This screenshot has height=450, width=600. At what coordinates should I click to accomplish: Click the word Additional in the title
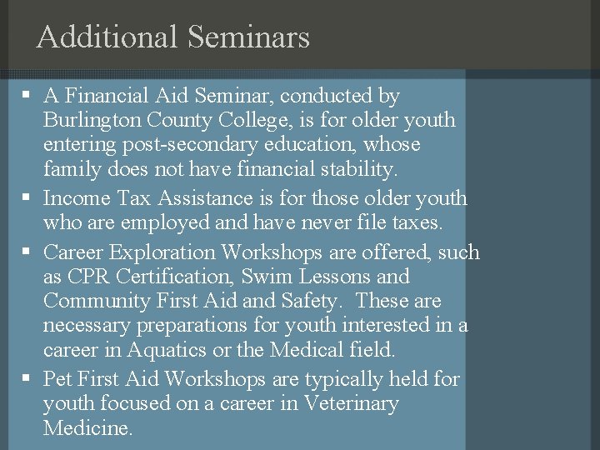coord(107,37)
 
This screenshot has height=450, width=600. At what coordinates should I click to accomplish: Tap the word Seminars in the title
coord(248,37)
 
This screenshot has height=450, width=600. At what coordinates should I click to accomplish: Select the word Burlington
coord(92,120)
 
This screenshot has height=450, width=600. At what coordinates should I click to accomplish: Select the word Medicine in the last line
coord(87,428)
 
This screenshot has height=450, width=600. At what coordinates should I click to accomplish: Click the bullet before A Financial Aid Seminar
coord(27,96)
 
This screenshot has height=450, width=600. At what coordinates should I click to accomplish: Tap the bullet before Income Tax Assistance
coord(27,198)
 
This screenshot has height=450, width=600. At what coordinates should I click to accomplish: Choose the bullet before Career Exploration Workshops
coord(27,252)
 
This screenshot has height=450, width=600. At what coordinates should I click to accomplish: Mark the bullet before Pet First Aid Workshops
coord(27,379)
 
